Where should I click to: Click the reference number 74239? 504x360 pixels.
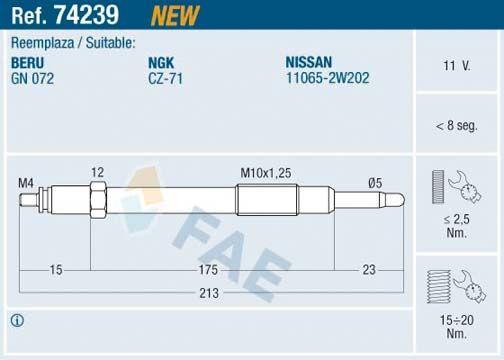[86, 15]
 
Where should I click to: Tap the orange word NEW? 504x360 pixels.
[175, 16]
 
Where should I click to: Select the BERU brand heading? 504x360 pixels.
[27, 63]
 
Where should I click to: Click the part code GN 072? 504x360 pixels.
[32, 79]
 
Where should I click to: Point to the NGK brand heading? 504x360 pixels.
[161, 63]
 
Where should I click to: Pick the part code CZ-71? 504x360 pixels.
[166, 79]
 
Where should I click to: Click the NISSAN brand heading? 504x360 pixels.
[309, 62]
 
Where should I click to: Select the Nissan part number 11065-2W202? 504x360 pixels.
[328, 78]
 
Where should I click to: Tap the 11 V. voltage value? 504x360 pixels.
[457, 66]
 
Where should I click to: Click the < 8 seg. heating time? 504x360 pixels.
[457, 126]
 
